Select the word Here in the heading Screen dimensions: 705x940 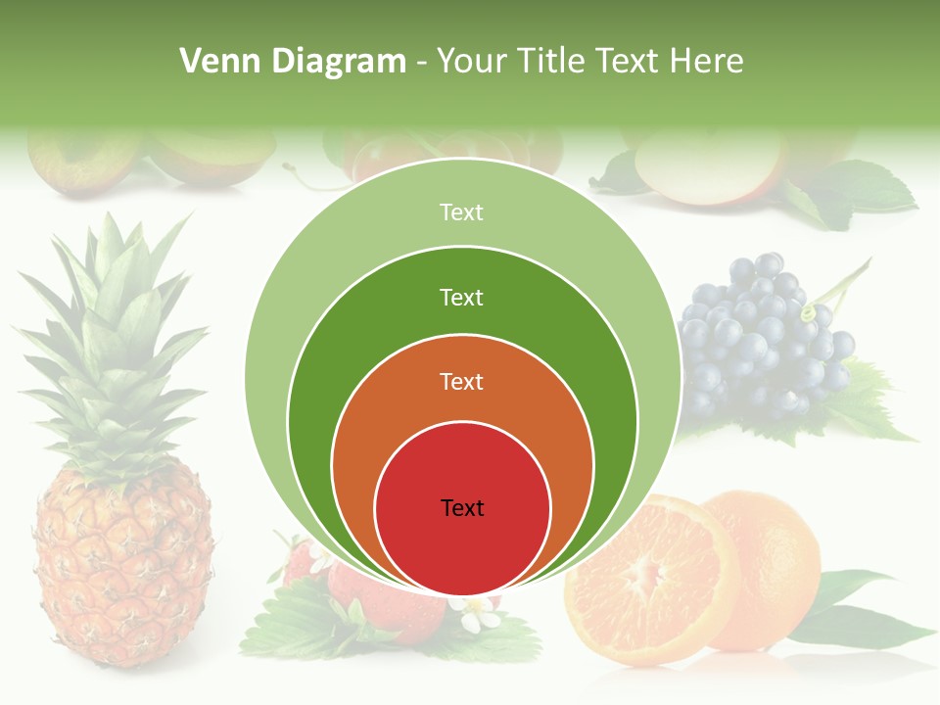[x=706, y=62]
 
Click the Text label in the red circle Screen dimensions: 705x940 [x=462, y=507]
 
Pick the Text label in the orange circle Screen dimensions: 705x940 [x=462, y=381]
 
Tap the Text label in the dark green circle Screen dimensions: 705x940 [x=462, y=297]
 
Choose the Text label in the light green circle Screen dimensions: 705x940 [x=462, y=211]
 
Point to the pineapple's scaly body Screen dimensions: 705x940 [x=122, y=568]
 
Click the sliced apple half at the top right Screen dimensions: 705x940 [x=705, y=166]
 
